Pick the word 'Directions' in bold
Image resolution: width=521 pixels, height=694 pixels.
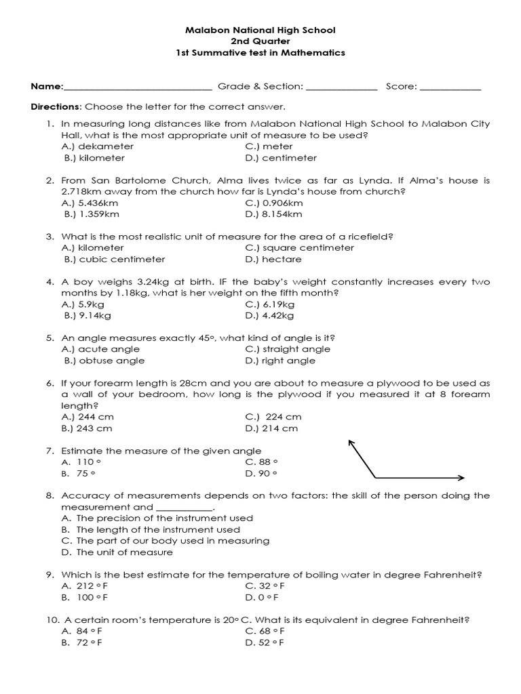[x=56, y=107]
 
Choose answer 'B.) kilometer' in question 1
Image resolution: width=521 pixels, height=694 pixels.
[x=94, y=158]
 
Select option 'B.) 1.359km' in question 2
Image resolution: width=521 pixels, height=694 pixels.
[x=92, y=214]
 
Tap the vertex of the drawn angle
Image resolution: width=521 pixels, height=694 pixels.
[x=378, y=476]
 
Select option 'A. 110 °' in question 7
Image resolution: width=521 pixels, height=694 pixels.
[x=78, y=462]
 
